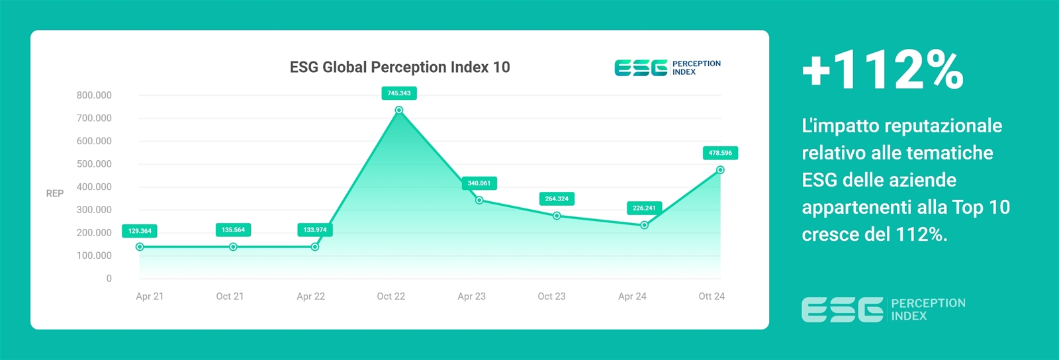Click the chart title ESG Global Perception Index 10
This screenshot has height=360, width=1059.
[400, 67]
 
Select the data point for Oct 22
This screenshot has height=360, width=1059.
[399, 110]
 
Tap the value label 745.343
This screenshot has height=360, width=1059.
[399, 93]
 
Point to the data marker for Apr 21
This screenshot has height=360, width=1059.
[140, 247]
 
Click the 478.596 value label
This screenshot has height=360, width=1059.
[720, 153]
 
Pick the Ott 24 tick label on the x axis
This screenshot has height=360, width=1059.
[712, 296]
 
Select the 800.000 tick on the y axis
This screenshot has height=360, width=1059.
[94, 95]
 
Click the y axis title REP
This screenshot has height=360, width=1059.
[55, 193]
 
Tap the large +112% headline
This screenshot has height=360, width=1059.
[883, 70]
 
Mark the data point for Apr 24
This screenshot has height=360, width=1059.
[645, 226]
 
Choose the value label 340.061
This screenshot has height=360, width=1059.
[479, 183]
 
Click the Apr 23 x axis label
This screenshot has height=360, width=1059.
[471, 296]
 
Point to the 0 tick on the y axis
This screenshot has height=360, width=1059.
[109, 279]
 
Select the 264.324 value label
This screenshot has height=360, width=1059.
[557, 199]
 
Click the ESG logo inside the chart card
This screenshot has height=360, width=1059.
[668, 68]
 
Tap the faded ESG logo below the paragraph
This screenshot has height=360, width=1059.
[884, 310]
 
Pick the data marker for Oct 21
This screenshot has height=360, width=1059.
[233, 247]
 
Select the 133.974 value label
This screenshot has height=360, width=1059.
[315, 230]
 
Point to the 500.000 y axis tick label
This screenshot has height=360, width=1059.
[94, 164]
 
